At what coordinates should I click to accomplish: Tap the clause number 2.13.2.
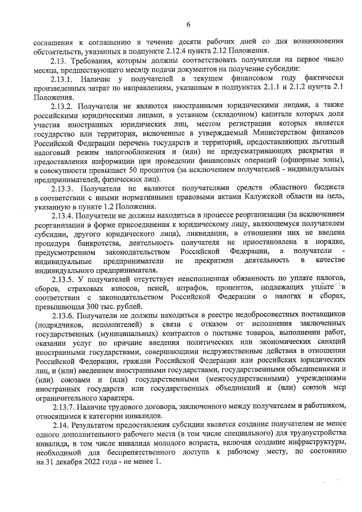coord(64,106)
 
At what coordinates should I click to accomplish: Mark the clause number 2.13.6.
coord(63,313)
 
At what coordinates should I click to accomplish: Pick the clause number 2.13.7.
coord(63,407)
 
